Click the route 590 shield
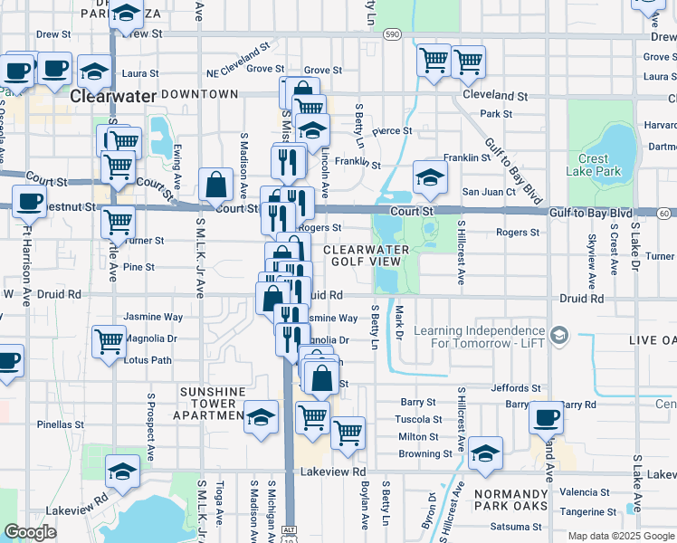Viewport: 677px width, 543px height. (x=391, y=33)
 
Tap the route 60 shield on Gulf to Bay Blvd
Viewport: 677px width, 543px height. (x=663, y=213)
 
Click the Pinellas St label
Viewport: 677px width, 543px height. (x=60, y=424)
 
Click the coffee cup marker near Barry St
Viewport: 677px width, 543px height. (x=546, y=416)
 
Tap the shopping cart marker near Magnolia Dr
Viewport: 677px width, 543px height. (x=109, y=341)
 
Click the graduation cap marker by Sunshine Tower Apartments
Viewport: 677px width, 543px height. (x=261, y=416)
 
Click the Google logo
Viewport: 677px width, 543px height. (x=30, y=532)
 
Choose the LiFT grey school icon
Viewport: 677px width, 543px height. (x=559, y=337)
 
